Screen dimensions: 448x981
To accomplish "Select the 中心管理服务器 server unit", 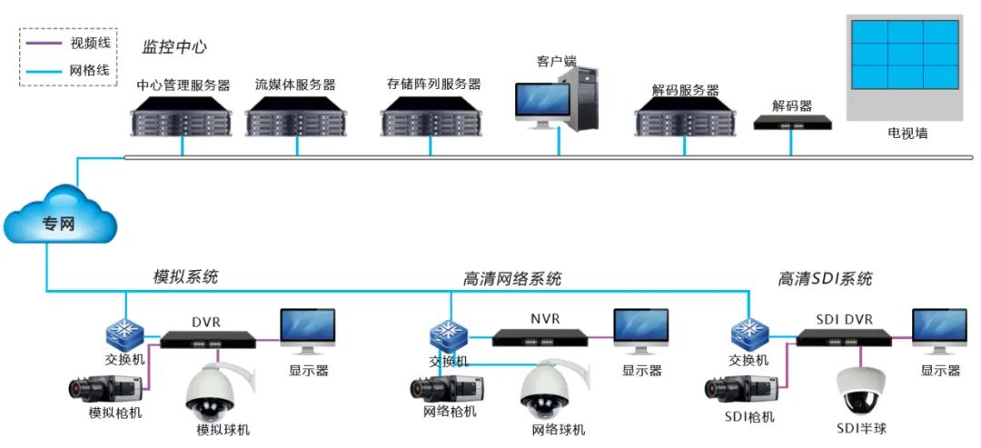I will [x=183, y=115].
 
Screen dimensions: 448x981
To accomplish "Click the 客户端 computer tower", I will [x=580, y=98].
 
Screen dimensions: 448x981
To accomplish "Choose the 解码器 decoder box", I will [x=792, y=121].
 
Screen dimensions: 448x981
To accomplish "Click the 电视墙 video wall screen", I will [x=904, y=54].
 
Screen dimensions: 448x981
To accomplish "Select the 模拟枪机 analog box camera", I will [x=104, y=389].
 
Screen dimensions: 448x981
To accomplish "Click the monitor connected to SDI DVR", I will [x=939, y=332].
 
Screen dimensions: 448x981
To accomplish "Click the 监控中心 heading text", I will [x=175, y=46].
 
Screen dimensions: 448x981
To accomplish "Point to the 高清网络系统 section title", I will [x=512, y=278].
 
